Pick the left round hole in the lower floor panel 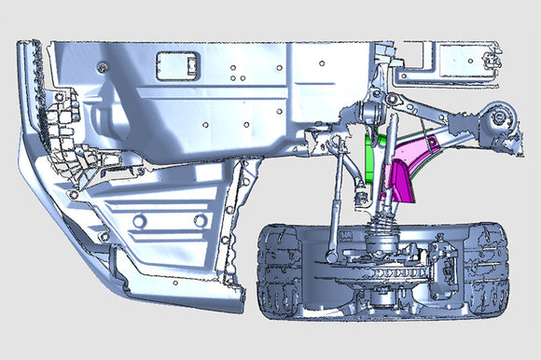click(x=140, y=221)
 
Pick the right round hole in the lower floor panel click(x=199, y=220)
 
